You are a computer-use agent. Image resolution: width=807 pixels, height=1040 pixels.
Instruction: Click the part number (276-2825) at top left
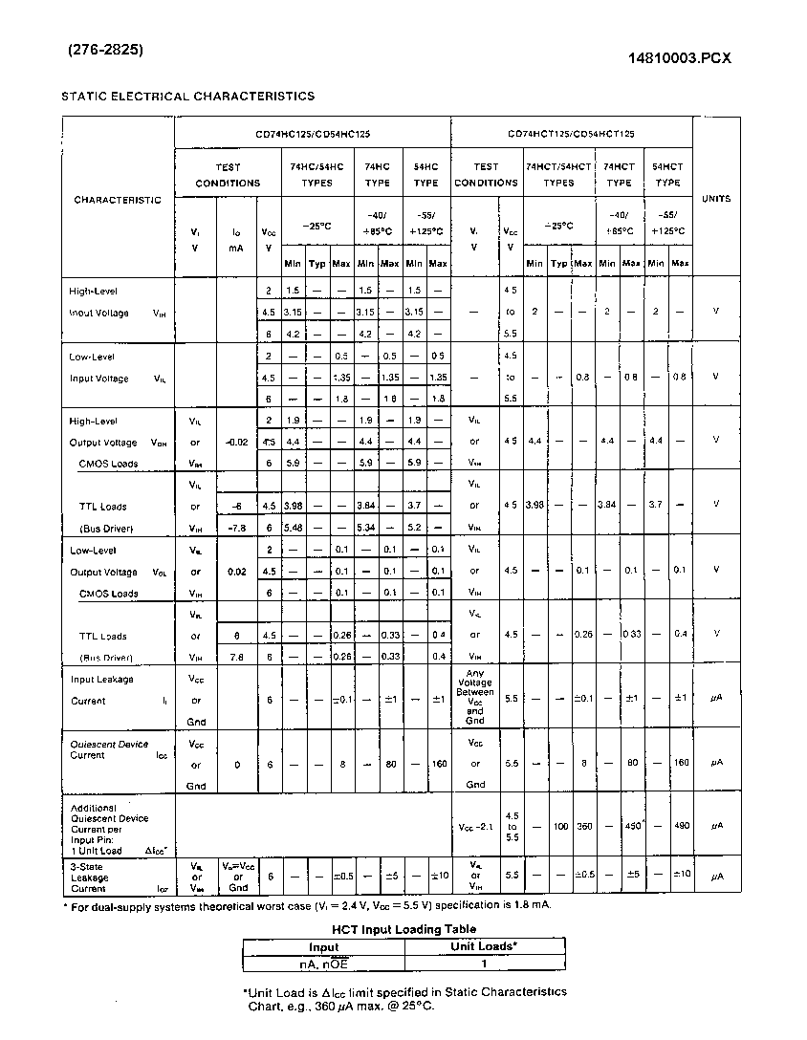tap(105, 51)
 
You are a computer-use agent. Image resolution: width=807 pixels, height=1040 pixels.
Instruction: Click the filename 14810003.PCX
tap(679, 57)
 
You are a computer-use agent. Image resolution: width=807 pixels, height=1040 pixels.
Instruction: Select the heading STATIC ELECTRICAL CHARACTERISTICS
tap(187, 96)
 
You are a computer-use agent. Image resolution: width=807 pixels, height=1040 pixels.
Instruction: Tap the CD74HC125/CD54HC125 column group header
tap(313, 135)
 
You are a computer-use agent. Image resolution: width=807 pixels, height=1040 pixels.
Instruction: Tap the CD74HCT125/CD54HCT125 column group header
tap(571, 135)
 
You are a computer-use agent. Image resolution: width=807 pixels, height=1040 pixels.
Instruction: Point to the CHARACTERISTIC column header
tap(118, 200)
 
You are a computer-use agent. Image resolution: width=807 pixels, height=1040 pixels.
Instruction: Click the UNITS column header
tap(715, 199)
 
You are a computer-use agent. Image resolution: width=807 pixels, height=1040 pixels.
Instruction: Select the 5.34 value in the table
tap(365, 528)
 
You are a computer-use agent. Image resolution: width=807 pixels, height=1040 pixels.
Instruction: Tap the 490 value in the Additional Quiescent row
tap(680, 826)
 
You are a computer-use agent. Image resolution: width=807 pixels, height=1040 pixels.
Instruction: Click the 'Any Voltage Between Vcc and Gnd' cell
tap(475, 698)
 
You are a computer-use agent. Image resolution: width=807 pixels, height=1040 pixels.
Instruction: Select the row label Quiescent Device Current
tap(110, 749)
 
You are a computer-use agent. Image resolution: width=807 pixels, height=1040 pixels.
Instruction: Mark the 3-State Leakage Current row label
tap(91, 877)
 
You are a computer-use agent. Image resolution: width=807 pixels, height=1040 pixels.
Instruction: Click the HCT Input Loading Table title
tap(403, 928)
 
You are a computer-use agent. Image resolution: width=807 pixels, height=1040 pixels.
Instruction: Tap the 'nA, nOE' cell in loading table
tap(324, 964)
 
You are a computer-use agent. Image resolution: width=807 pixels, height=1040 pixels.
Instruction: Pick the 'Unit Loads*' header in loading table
tap(484, 946)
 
